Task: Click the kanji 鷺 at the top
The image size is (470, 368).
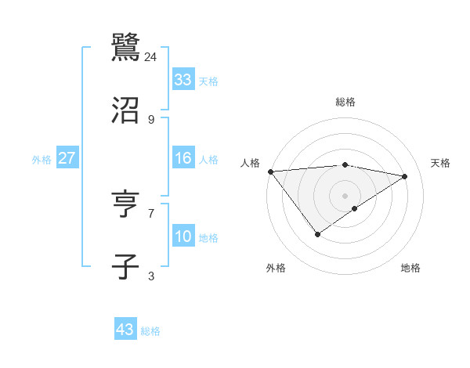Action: click(125, 47)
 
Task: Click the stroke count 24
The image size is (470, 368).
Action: click(151, 56)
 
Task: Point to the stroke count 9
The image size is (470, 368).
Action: click(151, 119)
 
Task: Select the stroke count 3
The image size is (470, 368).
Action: click(151, 276)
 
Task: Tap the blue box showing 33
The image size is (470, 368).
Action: click(183, 80)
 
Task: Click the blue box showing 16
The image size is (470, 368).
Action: click(183, 158)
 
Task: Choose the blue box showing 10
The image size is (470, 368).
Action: click(183, 236)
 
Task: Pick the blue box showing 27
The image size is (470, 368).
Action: click(67, 158)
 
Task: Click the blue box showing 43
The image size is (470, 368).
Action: click(125, 330)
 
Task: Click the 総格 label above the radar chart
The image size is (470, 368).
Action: click(345, 102)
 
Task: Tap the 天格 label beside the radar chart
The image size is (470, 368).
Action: click(441, 163)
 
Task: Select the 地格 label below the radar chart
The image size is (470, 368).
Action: click(410, 268)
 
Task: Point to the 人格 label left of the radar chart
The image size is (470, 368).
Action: click(251, 163)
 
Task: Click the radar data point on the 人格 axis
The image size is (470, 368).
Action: click(270, 171)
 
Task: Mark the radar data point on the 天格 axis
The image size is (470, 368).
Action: click(405, 176)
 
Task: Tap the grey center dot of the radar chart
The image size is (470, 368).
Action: click(345, 195)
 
